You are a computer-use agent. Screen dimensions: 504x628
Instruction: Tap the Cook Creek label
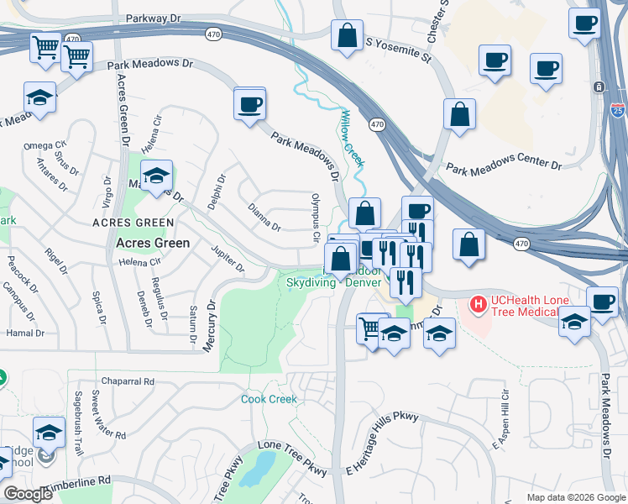(269, 399)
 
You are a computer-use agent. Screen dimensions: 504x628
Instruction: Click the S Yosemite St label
(398, 50)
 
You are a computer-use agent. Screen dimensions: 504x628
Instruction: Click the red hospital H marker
(479, 302)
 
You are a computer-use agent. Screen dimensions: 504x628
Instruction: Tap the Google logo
(28, 494)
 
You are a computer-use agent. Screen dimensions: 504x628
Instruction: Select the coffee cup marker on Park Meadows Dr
(249, 105)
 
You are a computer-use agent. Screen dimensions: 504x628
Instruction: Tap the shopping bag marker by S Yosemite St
(347, 36)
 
